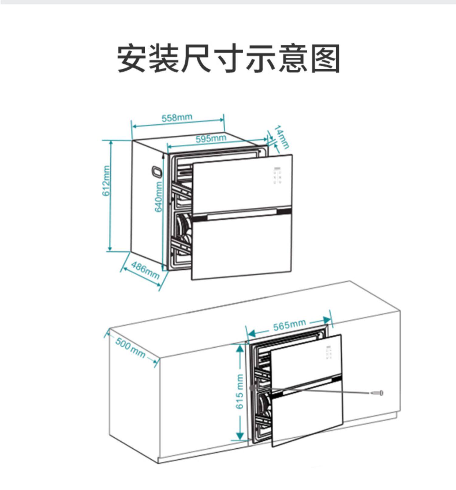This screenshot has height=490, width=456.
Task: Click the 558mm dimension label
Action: [x=177, y=118]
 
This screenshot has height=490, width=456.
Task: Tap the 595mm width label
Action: [x=211, y=139]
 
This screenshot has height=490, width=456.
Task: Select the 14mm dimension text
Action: [x=282, y=137]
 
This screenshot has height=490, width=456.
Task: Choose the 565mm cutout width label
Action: [x=289, y=325]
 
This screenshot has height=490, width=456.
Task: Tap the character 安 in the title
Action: [x=131, y=58]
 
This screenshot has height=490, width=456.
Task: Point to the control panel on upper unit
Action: [x=277, y=175]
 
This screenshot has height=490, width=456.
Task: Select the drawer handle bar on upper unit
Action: [x=242, y=215]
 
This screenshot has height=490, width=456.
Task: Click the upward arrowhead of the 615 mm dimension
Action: [x=240, y=348]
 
